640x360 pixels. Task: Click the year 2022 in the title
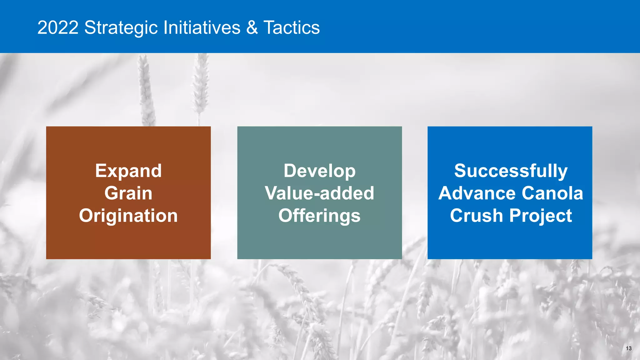[x=58, y=27]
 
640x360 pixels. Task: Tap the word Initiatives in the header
[x=202, y=27]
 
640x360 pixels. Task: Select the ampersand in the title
[x=252, y=27]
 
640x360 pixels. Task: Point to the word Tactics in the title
[x=292, y=27]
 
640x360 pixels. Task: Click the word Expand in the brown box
[x=128, y=171]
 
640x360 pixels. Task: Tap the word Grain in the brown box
[x=128, y=193]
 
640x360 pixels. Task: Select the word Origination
[x=128, y=216]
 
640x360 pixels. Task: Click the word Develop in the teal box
[x=319, y=171]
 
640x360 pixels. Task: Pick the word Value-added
[x=319, y=193]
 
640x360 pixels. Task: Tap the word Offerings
[x=319, y=216]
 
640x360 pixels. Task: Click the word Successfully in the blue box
[x=511, y=171]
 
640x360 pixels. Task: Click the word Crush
[x=476, y=216]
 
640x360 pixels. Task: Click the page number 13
[x=628, y=348]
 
